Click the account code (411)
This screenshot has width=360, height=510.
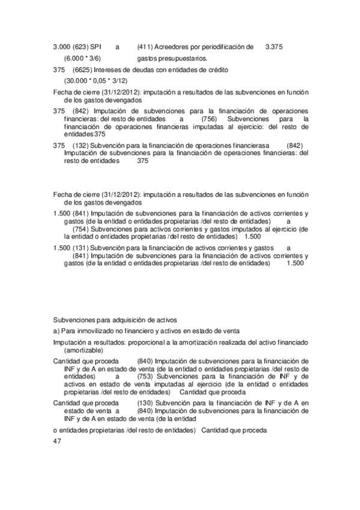pyautogui.click(x=146, y=46)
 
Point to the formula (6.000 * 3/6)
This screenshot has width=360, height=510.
pyautogui.click(x=82, y=58)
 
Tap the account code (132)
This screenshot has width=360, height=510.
pyautogui.click(x=81, y=146)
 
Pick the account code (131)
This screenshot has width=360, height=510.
pyautogui.click(x=81, y=248)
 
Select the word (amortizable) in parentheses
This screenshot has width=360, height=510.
pyautogui.click(x=84, y=350)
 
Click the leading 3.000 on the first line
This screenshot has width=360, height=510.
pyautogui.click(x=61, y=46)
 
